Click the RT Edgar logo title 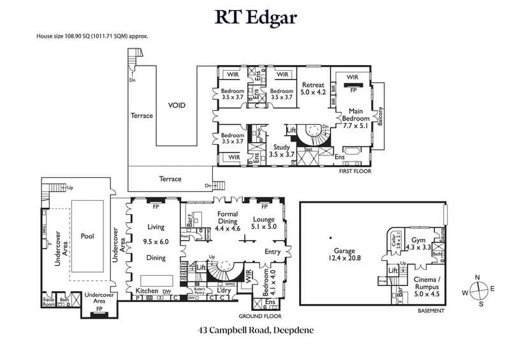(x=255, y=18)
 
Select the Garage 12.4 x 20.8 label (x=344, y=255)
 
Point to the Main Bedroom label (x=356, y=115)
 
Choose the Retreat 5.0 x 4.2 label (x=313, y=88)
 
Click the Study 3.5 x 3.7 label (x=280, y=150)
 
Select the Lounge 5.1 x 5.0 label (x=263, y=222)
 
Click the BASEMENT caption (x=430, y=312)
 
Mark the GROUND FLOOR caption (x=259, y=315)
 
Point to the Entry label (x=272, y=252)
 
